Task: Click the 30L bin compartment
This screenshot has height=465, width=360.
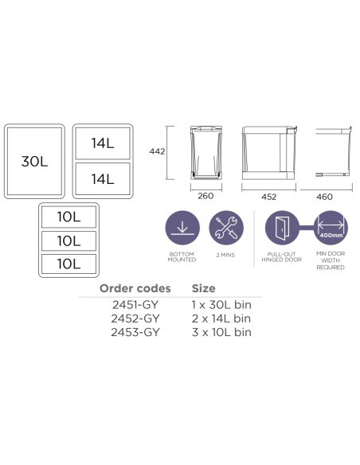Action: point(34,161)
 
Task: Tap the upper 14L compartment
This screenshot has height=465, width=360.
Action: point(103,143)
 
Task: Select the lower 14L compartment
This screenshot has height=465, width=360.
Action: point(103,179)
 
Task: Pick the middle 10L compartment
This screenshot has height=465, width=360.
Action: point(68,240)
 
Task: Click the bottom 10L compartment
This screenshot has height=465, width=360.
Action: point(68,264)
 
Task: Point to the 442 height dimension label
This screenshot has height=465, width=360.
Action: point(157,151)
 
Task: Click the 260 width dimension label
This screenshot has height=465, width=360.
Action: point(205,196)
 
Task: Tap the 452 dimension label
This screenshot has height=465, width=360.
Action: point(268,197)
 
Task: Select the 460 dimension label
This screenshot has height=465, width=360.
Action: point(324,197)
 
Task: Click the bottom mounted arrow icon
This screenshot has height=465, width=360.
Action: point(182,228)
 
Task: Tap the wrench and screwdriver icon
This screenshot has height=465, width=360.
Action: point(226,228)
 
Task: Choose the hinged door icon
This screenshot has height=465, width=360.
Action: point(282,228)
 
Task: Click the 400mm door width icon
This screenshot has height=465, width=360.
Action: point(331,228)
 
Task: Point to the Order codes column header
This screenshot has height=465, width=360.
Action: point(135,288)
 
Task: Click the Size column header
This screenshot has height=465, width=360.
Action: point(203,288)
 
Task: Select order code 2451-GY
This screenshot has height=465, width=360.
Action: point(135,305)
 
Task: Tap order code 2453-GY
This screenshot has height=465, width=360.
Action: point(135,332)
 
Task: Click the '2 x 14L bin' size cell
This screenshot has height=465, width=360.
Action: point(221,318)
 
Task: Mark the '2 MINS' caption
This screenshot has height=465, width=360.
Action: point(225,255)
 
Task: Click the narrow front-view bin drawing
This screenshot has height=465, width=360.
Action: point(206,153)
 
